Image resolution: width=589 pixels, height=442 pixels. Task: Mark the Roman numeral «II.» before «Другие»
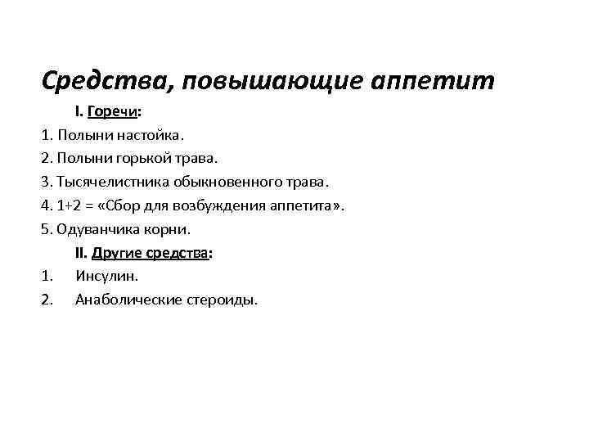tap(81, 253)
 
